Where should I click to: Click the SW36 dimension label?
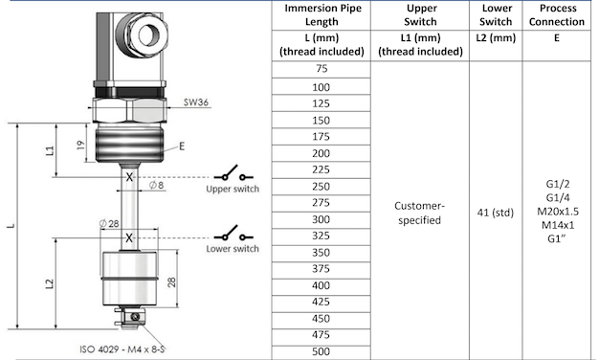click(x=196, y=102)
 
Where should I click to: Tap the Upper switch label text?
click(x=233, y=189)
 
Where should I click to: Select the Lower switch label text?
click(x=233, y=249)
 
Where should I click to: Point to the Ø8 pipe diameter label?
click(x=156, y=186)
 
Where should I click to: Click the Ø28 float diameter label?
click(x=109, y=224)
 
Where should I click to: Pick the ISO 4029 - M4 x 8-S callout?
click(x=122, y=349)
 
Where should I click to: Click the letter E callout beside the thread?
click(x=182, y=146)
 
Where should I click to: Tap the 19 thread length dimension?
click(x=80, y=146)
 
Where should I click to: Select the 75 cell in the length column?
click(x=322, y=69)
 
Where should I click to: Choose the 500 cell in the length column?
click(x=321, y=351)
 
